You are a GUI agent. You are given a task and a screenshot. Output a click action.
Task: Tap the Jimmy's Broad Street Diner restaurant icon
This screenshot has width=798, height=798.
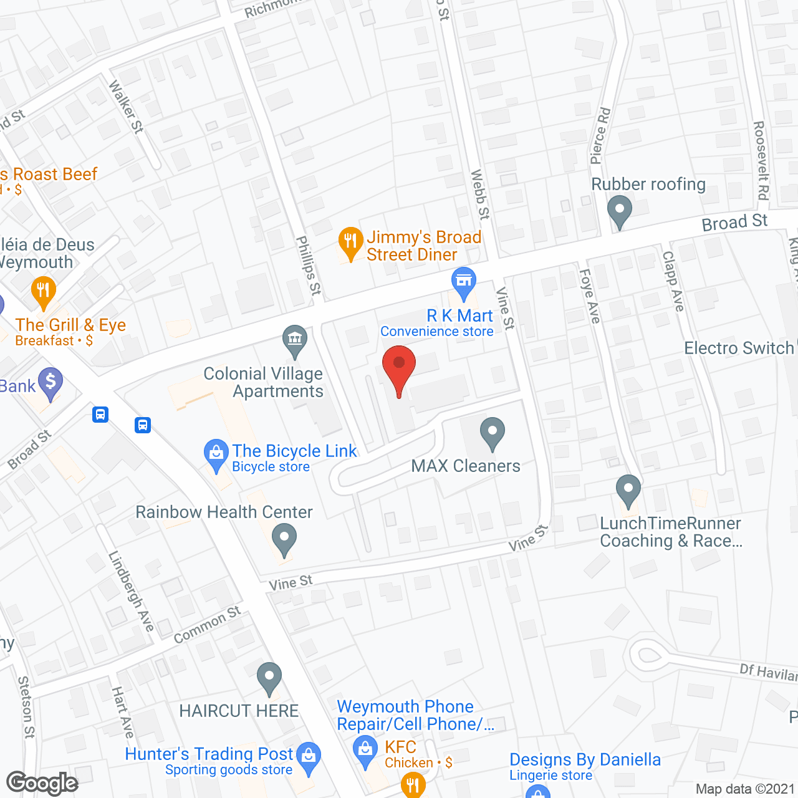tap(350, 242)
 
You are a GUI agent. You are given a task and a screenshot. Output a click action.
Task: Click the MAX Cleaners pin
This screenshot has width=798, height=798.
tap(493, 432)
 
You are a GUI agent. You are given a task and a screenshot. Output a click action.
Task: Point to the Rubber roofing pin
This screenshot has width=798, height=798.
tap(619, 211)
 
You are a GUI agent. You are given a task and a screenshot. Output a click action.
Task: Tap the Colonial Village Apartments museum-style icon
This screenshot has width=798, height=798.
tap(295, 340)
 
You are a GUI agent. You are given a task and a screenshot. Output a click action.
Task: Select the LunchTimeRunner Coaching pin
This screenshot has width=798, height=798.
tap(628, 490)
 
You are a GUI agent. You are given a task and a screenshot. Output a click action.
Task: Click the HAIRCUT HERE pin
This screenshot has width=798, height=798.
tap(269, 677)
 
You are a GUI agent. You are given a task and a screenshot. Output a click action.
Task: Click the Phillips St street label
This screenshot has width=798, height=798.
tap(308, 266)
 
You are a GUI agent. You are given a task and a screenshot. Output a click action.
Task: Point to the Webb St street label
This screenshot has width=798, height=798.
tap(480, 195)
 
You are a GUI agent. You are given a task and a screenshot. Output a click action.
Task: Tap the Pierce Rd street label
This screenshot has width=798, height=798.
tap(600, 136)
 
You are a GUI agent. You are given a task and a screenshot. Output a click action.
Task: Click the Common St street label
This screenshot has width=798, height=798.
tap(207, 625)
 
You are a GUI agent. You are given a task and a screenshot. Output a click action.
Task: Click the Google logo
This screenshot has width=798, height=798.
tap(42, 783)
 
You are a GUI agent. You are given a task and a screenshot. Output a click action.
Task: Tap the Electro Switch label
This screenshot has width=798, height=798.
tap(739, 348)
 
